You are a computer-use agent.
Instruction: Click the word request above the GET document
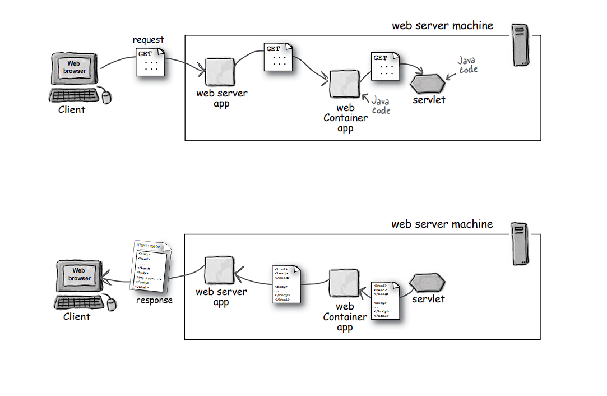coord(148,40)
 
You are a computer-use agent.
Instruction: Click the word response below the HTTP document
coord(154,300)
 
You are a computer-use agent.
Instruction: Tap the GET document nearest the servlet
coord(385,66)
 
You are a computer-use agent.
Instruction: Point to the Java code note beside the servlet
coord(467,64)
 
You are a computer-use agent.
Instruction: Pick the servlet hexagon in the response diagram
coord(428,282)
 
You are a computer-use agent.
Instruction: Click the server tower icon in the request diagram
coord(521,45)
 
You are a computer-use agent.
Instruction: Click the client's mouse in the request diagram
coord(106,96)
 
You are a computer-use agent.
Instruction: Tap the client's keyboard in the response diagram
coord(79,303)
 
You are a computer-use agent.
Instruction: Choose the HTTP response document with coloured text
coord(150,266)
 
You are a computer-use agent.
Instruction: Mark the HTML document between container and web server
coord(287,284)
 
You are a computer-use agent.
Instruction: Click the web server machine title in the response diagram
coord(442,224)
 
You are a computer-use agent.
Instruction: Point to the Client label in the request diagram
coord(72,110)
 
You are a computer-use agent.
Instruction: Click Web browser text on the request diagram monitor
coord(75,67)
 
